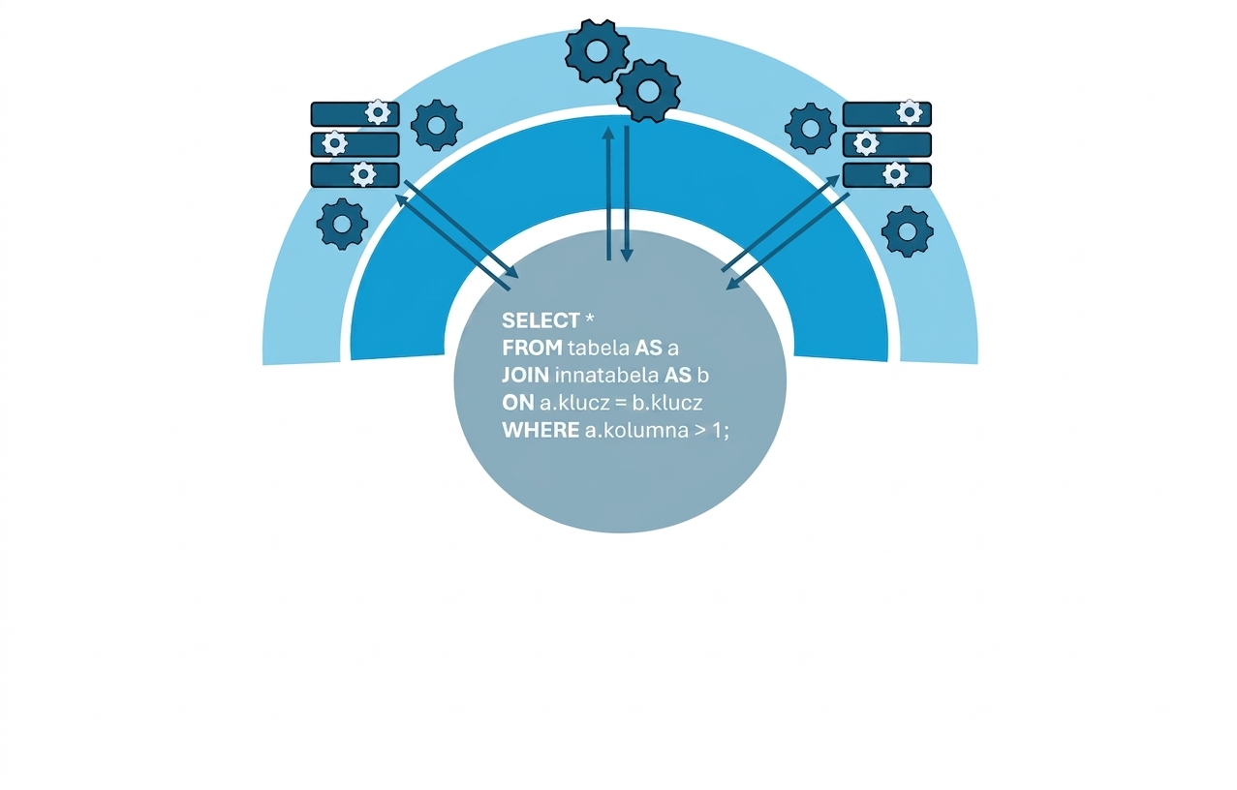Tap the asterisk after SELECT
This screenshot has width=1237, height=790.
(x=589, y=318)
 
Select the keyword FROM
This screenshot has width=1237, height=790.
(x=532, y=348)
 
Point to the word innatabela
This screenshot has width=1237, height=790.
(x=606, y=376)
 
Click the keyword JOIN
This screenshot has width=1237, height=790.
(x=525, y=376)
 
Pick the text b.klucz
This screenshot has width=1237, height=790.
(x=667, y=403)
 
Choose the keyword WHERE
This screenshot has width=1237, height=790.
(x=541, y=430)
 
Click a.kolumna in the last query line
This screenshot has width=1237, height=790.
(x=636, y=430)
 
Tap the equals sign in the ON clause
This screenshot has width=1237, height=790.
(x=621, y=404)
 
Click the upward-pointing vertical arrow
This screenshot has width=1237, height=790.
(x=608, y=194)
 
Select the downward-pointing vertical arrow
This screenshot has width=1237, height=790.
(x=627, y=194)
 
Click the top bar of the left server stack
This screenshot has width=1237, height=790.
(x=356, y=114)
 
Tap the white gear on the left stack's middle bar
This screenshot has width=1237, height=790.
(x=334, y=143)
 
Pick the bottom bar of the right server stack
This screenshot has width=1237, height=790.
(x=887, y=175)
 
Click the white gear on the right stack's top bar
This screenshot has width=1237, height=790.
(x=909, y=112)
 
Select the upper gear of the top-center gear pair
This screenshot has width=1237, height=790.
(x=597, y=51)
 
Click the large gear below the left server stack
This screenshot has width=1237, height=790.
(x=342, y=225)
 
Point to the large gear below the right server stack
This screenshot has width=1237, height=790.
(x=908, y=231)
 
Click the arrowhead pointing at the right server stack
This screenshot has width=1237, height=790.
(x=833, y=180)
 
